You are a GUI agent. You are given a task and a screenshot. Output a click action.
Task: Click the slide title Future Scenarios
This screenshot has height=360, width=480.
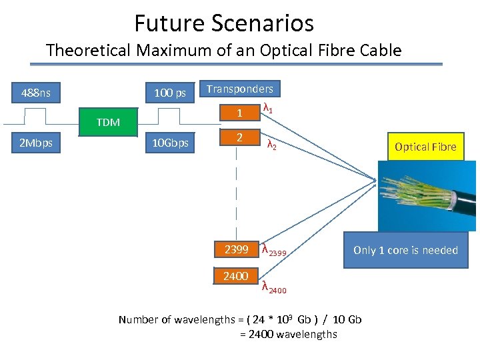(x=224, y=23)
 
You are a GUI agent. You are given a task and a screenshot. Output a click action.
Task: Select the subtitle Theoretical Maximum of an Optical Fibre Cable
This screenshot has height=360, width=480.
(x=224, y=50)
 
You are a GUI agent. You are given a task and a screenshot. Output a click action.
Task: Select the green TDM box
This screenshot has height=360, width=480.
(x=108, y=122)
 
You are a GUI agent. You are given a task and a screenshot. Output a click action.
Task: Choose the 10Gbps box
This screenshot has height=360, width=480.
(x=170, y=143)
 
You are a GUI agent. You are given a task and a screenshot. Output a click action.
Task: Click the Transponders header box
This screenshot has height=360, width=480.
(x=239, y=89)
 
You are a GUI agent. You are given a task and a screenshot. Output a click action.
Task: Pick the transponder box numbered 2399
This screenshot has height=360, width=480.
(x=236, y=250)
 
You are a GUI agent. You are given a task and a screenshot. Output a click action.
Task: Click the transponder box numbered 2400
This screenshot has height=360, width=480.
(x=236, y=276)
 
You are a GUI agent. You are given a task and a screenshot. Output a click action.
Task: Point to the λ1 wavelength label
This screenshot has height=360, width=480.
(x=268, y=108)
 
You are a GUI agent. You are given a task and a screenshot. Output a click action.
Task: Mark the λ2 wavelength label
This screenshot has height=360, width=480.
(x=271, y=144)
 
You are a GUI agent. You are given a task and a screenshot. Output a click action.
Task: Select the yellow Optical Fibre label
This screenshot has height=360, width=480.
(x=425, y=147)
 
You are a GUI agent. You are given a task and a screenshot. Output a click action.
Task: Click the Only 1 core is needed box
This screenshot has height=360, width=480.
(x=405, y=250)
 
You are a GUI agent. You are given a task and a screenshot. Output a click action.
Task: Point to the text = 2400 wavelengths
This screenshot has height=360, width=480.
(x=288, y=334)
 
